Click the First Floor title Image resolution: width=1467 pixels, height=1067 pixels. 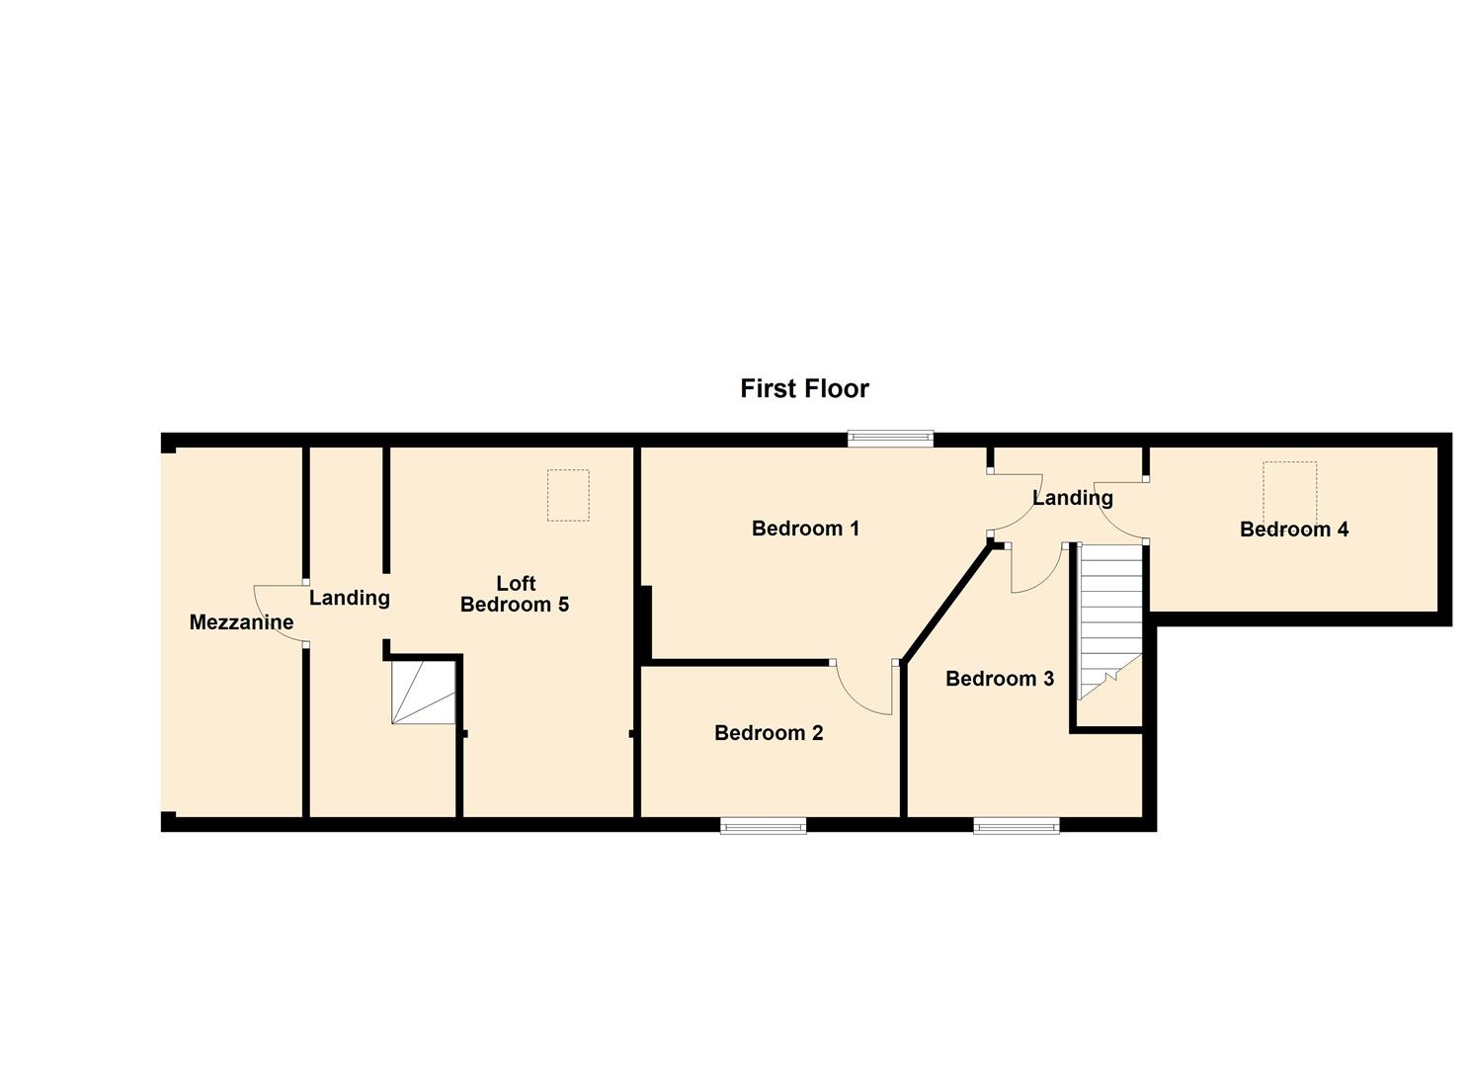804,388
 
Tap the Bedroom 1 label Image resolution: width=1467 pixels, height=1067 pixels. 805,529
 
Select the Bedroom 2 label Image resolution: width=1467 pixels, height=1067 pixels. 769,733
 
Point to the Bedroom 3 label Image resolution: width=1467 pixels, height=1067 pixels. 999,679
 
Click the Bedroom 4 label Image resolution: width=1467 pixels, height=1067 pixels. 1293,530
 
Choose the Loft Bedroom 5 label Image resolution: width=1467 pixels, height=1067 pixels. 515,594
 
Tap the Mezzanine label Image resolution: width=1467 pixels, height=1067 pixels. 241,622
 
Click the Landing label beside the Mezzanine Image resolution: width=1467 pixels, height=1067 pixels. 349,598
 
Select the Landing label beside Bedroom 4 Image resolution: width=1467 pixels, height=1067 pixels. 1072,498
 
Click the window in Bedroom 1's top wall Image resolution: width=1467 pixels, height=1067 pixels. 890,439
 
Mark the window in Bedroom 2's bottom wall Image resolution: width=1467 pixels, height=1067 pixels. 763,826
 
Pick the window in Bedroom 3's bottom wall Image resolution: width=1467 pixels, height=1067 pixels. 1016,826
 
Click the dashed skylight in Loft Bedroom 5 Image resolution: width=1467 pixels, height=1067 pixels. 568,495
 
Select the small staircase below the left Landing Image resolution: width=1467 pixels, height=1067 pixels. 423,693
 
